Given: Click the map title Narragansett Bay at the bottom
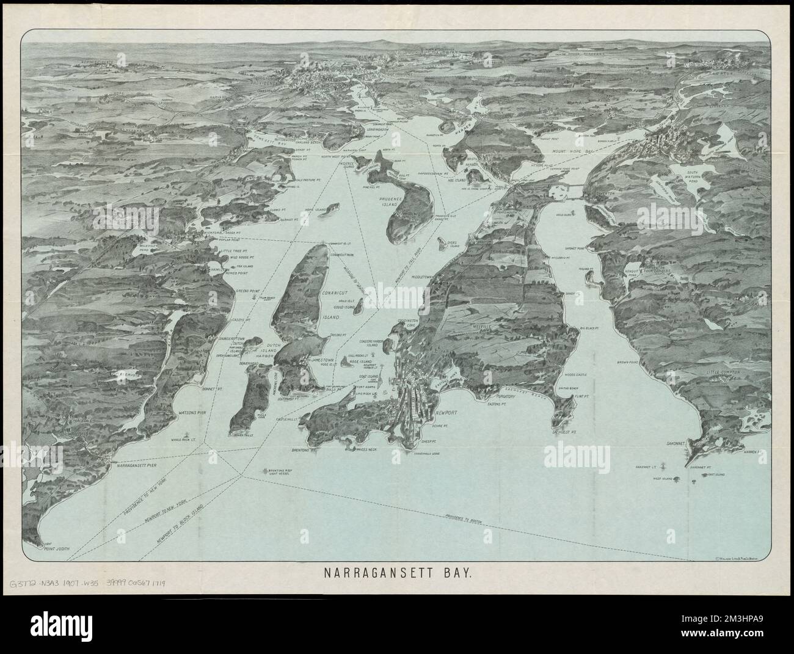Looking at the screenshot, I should pyautogui.click(x=397, y=575).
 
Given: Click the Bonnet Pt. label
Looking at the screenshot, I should pyautogui.click(x=206, y=388).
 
